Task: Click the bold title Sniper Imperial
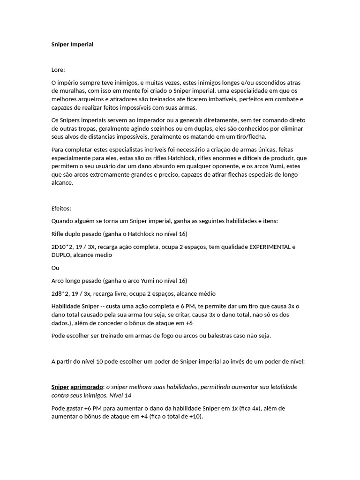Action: (72, 45)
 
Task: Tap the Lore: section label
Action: (59, 70)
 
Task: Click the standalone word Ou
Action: (55, 268)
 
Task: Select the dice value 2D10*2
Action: (64, 247)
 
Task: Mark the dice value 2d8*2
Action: (62, 293)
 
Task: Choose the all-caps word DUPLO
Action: (61, 255)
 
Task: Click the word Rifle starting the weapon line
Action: (58, 234)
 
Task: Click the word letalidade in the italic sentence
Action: (281, 387)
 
